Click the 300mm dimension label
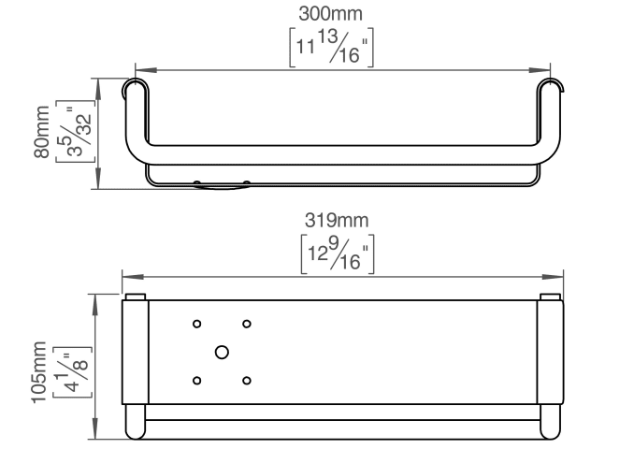click(x=330, y=14)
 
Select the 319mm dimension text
click(x=337, y=221)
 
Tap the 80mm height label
click(x=42, y=132)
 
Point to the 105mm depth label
click(x=39, y=372)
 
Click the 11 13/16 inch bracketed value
click(x=331, y=48)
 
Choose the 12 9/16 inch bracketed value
click(x=338, y=254)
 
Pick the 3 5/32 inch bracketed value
click(x=75, y=132)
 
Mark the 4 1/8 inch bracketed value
click(x=73, y=372)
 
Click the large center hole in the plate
click(x=222, y=353)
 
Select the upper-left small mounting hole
click(x=197, y=324)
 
